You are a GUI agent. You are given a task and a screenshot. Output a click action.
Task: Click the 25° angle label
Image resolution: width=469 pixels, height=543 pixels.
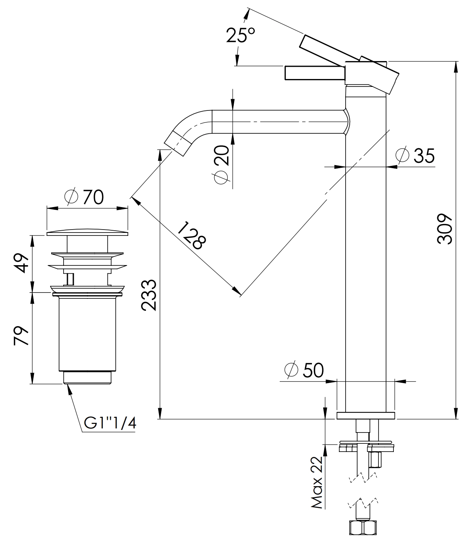pyautogui.click(x=240, y=36)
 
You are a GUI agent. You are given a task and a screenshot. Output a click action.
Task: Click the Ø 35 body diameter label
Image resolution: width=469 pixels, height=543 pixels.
pyautogui.click(x=415, y=155)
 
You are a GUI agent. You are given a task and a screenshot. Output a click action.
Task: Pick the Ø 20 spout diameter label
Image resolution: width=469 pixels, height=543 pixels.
pyautogui.click(x=221, y=164)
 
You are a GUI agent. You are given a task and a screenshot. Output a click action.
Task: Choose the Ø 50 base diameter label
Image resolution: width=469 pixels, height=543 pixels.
pyautogui.click(x=303, y=370)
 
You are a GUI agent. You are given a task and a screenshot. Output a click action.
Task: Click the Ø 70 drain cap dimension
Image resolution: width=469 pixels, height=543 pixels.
pyautogui.click(x=84, y=197)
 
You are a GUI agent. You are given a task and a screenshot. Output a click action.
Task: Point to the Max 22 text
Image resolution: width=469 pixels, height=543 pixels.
pyautogui.click(x=317, y=483)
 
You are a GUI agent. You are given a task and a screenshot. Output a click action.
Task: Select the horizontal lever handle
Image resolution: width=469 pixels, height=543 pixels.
pyautogui.click(x=314, y=73)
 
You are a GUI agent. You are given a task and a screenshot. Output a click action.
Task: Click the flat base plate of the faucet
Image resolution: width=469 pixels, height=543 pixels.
pyautogui.click(x=365, y=415)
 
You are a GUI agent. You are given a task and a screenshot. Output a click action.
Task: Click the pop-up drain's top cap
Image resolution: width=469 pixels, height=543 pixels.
pyautogui.click(x=87, y=233)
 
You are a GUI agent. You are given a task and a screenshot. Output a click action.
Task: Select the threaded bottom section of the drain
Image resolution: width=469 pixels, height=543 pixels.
pyautogui.click(x=88, y=377)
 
